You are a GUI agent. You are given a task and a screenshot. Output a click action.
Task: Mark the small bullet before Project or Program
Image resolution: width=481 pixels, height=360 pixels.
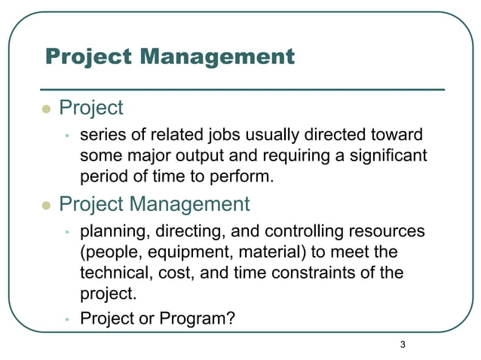[x=66, y=320]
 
